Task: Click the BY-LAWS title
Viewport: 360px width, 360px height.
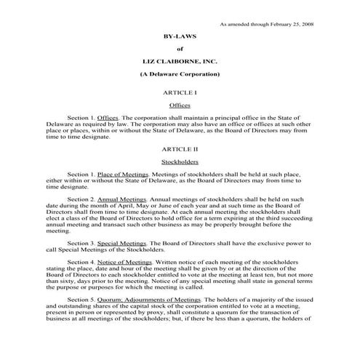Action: coord(179,36)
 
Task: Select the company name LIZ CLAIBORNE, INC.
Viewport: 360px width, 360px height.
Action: coord(179,62)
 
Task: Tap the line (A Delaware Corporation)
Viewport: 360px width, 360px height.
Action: coord(179,75)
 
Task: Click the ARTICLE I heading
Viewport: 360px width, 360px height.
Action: coord(179,93)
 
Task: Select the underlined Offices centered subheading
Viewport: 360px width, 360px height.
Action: coord(179,105)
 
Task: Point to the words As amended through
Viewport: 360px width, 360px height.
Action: coord(243,23)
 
